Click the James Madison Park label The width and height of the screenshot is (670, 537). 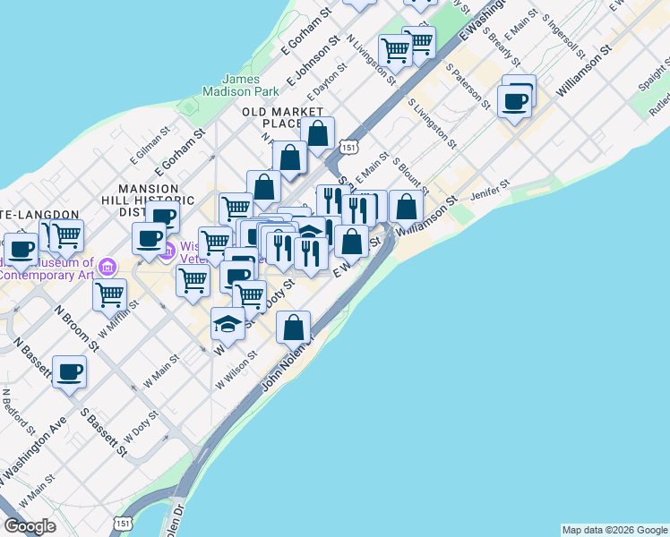click(240, 85)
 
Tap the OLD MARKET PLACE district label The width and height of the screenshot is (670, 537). click(273, 117)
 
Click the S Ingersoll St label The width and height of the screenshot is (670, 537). click(563, 31)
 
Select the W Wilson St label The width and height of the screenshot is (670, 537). click(236, 370)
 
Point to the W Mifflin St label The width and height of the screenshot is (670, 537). click(119, 318)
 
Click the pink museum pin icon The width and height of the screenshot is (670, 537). click(108, 266)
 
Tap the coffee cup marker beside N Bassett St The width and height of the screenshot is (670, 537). click(69, 372)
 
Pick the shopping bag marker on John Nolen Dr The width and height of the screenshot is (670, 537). click(294, 328)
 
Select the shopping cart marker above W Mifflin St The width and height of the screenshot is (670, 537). click(110, 294)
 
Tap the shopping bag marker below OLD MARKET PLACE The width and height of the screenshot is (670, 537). click(317, 133)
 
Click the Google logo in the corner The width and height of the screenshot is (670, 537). click(30, 526)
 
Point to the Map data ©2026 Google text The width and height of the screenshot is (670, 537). click(614, 530)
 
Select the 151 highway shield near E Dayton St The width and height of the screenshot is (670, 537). click(348, 146)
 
